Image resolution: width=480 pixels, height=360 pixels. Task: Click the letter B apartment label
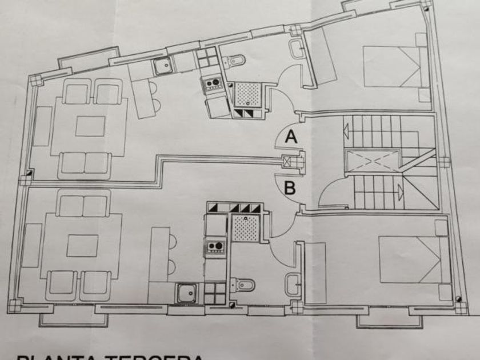290,187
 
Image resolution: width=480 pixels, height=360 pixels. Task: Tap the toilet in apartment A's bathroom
234,59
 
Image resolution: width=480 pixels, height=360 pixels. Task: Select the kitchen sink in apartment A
163,66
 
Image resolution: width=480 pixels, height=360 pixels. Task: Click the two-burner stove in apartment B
215,247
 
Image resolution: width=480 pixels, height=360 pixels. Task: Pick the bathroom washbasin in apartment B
294,282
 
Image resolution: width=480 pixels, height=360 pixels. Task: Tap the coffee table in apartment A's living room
90,126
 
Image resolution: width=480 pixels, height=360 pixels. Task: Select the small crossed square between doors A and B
287,162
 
